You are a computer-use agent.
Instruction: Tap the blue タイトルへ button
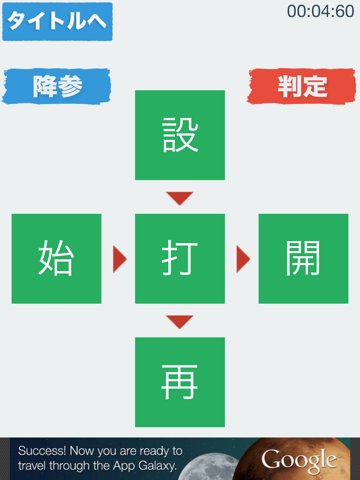coord(57,22)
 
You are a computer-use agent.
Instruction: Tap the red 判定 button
coord(302,86)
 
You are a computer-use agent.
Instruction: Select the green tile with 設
coord(180,135)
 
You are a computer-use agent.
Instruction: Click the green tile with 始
coord(57,259)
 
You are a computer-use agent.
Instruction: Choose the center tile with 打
coord(180,259)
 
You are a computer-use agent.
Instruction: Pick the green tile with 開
coord(303,259)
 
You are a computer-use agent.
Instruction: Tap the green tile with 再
coord(180,382)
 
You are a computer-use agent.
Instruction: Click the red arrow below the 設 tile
coord(180,198)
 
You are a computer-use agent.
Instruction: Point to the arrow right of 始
coord(120,259)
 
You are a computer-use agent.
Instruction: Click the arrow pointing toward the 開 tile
coord(242,259)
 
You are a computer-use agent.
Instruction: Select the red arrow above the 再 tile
coord(180,321)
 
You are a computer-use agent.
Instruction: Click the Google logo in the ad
coord(299,459)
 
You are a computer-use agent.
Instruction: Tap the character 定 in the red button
coord(315,86)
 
